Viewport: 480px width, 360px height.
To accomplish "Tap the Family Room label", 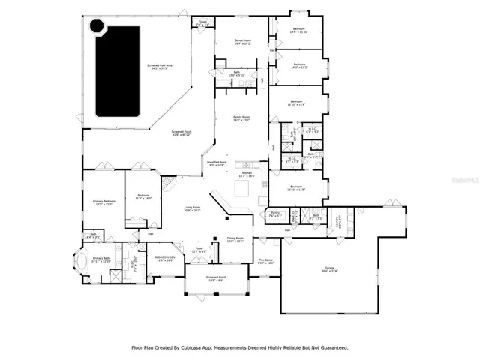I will coord(241,118).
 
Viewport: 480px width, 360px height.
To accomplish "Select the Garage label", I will coord(329,268).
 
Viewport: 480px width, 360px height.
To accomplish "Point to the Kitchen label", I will coord(246,173).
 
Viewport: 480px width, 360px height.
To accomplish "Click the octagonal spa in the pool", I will coord(97,26).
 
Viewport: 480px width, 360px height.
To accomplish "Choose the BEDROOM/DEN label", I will coord(164,258).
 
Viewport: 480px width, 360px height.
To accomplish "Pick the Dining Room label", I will coord(236,240).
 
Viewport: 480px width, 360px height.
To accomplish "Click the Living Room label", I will coord(192,209).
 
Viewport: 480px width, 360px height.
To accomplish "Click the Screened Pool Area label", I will coord(159,67).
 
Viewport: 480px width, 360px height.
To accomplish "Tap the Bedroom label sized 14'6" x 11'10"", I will coord(298,30).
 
